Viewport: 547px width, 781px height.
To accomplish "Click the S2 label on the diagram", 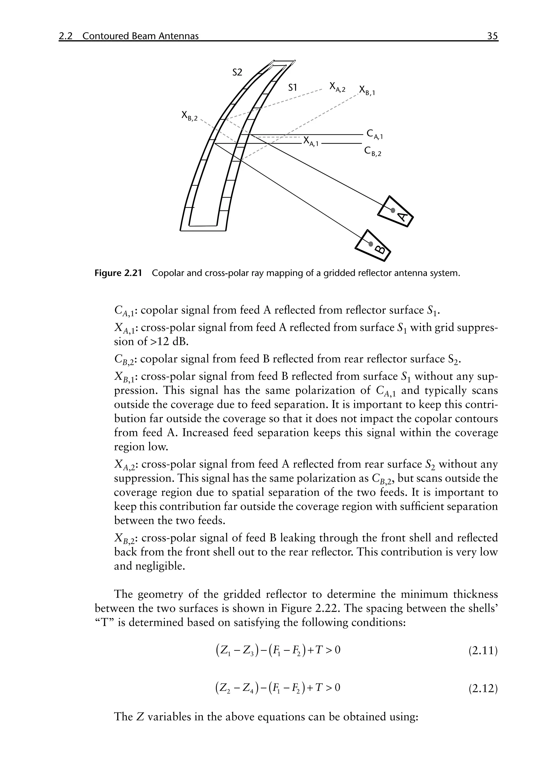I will click(237, 72).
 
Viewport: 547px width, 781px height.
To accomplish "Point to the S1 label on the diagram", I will click(292, 88).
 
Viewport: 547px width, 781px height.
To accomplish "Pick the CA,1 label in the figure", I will click(375, 134).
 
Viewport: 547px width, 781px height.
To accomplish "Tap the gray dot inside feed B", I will click(371, 243).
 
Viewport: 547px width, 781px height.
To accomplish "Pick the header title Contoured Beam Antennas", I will click(140, 36).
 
